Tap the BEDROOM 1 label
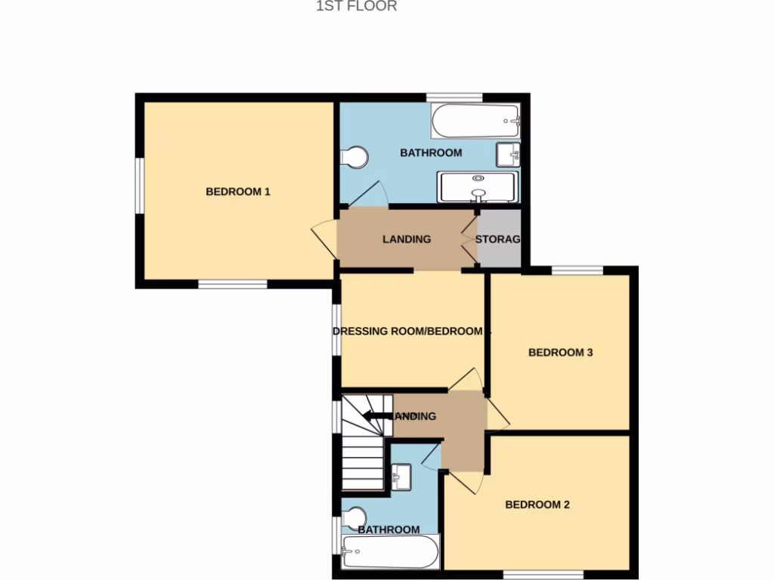point(238,192)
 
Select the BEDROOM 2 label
point(537,505)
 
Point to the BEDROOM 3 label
point(560,352)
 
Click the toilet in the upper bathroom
point(354,157)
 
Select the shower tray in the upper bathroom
point(478,187)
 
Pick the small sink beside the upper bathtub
point(508,155)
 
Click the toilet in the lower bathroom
point(353,517)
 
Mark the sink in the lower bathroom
point(401,476)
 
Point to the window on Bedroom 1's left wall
point(140,186)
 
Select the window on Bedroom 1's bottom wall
point(233,285)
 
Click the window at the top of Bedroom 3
point(577,270)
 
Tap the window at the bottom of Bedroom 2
point(543,575)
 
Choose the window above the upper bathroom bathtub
point(454,97)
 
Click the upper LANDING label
point(407,239)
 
